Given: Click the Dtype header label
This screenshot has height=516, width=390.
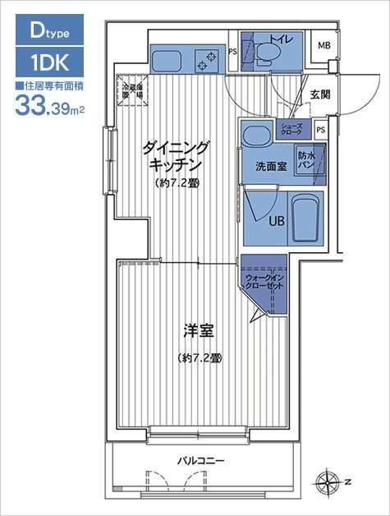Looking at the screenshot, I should pyautogui.click(x=49, y=31).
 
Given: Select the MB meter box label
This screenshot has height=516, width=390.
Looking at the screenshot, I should pyautogui.click(x=324, y=45).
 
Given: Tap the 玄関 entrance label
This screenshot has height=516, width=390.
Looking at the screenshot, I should pyautogui.click(x=320, y=94).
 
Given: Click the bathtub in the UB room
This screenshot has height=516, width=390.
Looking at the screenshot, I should pyautogui.click(x=305, y=218).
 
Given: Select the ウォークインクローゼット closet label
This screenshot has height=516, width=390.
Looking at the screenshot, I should pyautogui.click(x=264, y=284).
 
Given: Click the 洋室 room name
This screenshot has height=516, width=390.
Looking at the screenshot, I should pyautogui.click(x=198, y=332).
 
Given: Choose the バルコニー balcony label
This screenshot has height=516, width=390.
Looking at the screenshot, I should pyautogui.click(x=201, y=461).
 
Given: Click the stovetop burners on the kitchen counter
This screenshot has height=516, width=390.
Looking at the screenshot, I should pyautogui.click(x=206, y=59).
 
